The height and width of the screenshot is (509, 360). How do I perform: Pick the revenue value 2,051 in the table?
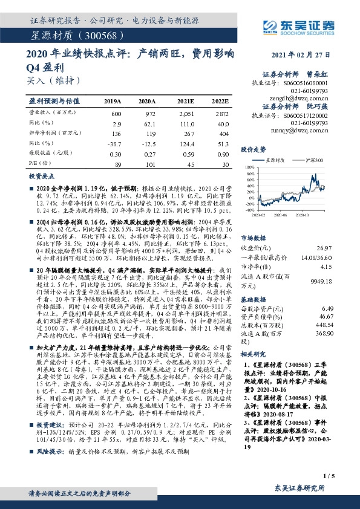pos(185,114)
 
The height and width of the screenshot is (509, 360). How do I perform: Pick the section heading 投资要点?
pos(42,177)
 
